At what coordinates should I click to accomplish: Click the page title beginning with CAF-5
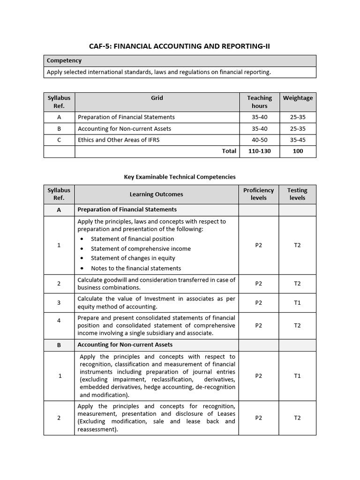[180, 46]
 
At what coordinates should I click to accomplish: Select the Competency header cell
[64, 60]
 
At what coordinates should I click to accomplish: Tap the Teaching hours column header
[259, 102]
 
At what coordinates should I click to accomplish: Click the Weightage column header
[298, 98]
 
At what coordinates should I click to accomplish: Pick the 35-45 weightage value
[298, 140]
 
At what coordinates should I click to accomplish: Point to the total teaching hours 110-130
[259, 151]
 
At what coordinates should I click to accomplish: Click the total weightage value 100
[298, 151]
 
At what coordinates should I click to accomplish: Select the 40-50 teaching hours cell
[259, 140]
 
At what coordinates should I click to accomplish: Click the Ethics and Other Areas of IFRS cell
[119, 140]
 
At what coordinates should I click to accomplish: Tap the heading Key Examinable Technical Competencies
[180, 177]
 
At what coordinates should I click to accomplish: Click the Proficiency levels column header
[258, 194]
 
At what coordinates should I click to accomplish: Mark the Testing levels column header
[297, 194]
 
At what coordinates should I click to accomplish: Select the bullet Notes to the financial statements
[136, 268]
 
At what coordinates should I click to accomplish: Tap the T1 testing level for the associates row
[297, 303]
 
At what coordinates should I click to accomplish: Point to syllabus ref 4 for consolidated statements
[59, 325]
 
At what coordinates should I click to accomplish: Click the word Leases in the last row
[225, 414]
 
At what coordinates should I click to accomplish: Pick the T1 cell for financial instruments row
[297, 375]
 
